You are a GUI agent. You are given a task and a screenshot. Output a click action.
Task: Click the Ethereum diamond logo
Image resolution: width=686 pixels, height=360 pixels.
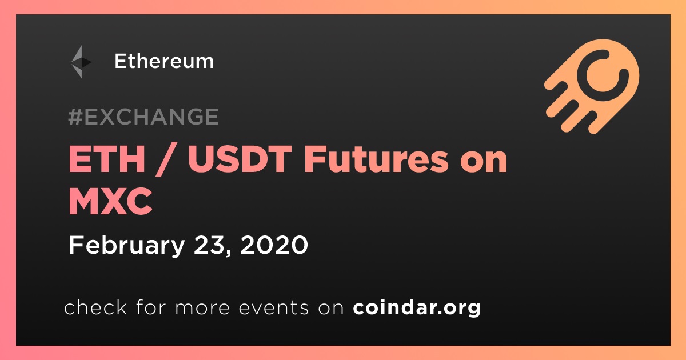[81, 62]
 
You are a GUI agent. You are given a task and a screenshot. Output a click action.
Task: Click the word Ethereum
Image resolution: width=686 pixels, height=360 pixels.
[164, 61]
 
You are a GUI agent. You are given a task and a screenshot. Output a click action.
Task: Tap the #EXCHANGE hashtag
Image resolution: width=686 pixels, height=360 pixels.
[143, 117]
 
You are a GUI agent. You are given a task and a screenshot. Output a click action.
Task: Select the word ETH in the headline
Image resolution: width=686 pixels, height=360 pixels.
[106, 159]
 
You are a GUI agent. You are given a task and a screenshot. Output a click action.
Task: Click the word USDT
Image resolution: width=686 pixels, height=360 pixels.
[240, 159]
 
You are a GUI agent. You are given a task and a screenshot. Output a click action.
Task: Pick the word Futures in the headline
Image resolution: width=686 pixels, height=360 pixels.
[376, 159]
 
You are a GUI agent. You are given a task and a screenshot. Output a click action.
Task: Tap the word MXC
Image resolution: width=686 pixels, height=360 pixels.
[110, 201]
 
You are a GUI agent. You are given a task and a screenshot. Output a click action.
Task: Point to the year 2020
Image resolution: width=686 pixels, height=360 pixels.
[274, 245]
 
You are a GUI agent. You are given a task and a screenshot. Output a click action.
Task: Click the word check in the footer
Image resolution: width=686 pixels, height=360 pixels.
[95, 307]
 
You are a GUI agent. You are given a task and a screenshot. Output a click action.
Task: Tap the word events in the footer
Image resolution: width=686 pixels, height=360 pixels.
[273, 307]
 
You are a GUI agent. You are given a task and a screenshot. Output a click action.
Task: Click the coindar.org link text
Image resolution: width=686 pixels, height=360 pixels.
[417, 307]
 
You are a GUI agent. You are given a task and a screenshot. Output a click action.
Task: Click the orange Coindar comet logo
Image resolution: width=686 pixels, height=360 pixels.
[592, 86]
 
